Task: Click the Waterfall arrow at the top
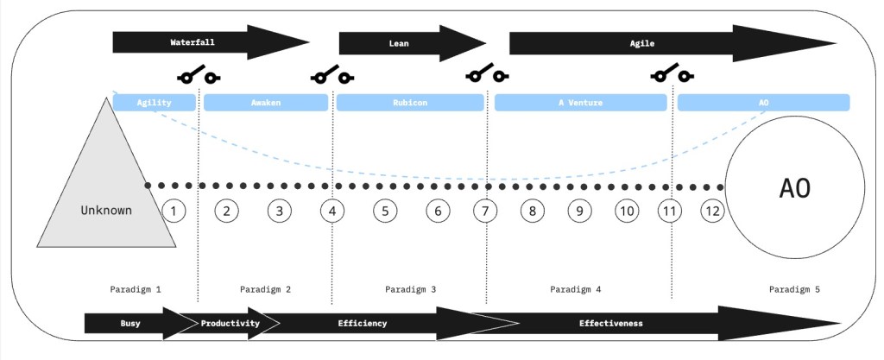pyautogui.click(x=207, y=41)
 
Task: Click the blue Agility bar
pyautogui.click(x=155, y=103)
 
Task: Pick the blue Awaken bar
pyautogui.click(x=266, y=103)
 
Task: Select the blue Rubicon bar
pyautogui.click(x=409, y=103)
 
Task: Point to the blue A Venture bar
pyautogui.click(x=580, y=103)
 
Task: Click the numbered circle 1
pyautogui.click(x=174, y=211)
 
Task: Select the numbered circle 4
pyautogui.click(x=332, y=211)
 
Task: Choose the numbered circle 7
pyautogui.click(x=485, y=211)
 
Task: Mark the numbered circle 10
pyautogui.click(x=627, y=211)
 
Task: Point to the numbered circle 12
pyautogui.click(x=712, y=211)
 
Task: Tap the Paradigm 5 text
pyautogui.click(x=793, y=288)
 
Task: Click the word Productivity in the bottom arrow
pyautogui.click(x=230, y=323)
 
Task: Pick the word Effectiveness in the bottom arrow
pyautogui.click(x=610, y=323)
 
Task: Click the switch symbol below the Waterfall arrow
pyautogui.click(x=198, y=77)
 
